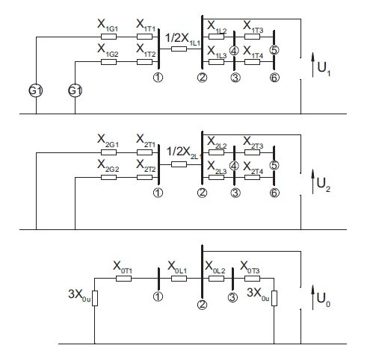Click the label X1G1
tap(108, 26)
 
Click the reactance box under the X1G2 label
tap(108, 62)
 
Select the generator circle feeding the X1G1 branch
tap(36, 90)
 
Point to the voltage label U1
tap(324, 69)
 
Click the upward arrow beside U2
tap(313, 181)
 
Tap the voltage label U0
tap(324, 300)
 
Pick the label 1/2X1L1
tap(182, 40)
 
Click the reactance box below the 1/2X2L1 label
tap(179, 164)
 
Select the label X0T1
tap(123, 267)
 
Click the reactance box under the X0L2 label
tap(216, 279)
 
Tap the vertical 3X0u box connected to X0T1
tap(95, 298)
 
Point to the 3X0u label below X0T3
tap(258, 294)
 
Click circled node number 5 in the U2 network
tap(274, 165)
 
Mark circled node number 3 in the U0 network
tap(232, 297)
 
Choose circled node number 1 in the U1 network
tap(158, 78)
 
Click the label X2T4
tap(253, 168)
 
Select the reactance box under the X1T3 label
tap(252, 37)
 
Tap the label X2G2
tap(108, 166)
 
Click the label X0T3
tap(250, 267)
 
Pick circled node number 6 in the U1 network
tap(274, 78)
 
